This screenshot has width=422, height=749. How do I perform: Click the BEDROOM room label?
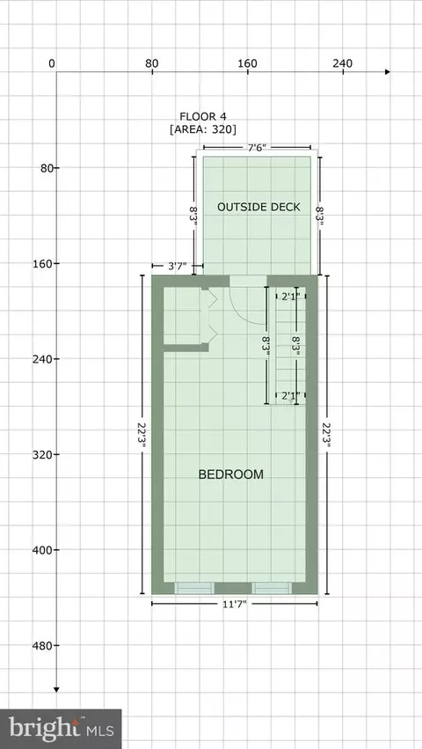(231, 474)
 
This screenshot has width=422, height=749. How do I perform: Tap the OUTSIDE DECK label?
(258, 207)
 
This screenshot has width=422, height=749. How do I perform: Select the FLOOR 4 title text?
(203, 116)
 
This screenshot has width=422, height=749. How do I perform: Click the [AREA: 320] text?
(203, 129)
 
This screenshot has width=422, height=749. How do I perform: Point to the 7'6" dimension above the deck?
(258, 148)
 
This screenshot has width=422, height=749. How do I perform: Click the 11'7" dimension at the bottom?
(235, 604)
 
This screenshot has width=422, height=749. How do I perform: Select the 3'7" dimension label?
(178, 266)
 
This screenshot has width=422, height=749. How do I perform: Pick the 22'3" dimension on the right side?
(327, 435)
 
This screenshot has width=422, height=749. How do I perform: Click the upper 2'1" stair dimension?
(290, 296)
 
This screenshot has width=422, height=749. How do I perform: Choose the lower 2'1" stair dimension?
(290, 395)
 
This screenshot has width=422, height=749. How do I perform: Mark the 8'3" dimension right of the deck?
(319, 216)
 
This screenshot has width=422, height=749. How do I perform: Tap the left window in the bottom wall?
(193, 588)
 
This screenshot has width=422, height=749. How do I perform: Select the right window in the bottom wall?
(272, 588)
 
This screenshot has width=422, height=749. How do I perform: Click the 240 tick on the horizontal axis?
(343, 66)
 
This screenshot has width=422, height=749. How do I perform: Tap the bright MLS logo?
(61, 729)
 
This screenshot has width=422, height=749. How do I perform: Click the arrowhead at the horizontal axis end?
(387, 71)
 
